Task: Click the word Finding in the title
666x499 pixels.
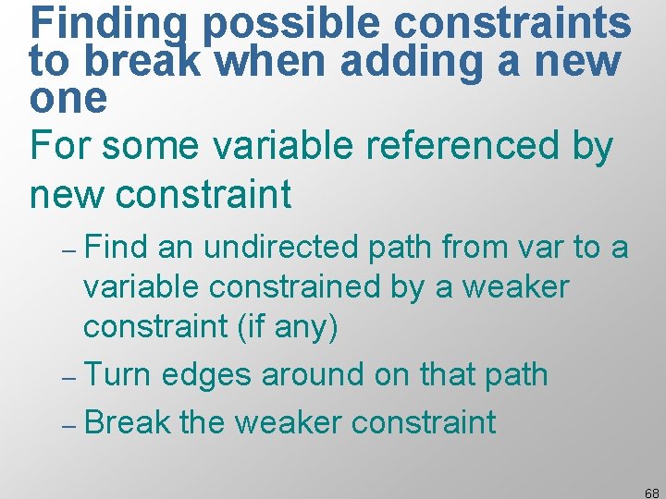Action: [x=111, y=25]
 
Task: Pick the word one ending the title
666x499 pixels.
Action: [x=68, y=97]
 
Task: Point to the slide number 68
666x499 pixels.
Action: [x=651, y=493]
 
